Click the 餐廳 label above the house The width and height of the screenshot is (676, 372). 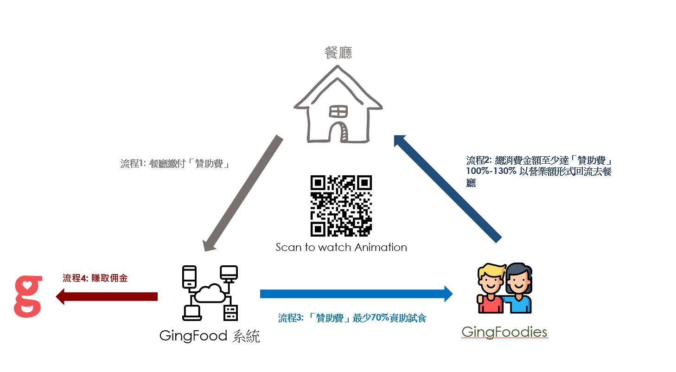pyautogui.click(x=338, y=52)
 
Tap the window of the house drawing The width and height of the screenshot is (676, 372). pyautogui.click(x=338, y=112)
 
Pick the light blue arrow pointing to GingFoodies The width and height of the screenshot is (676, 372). pyautogui.click(x=356, y=294)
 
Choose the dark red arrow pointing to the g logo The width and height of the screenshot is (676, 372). pyautogui.click(x=107, y=296)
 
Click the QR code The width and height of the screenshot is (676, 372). pyautogui.click(x=341, y=206)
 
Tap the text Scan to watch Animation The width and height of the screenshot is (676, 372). pyautogui.click(x=341, y=247)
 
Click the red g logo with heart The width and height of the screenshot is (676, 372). pyautogui.click(x=28, y=296)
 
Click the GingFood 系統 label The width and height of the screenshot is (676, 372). pyautogui.click(x=210, y=336)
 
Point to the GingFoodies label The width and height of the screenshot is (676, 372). pyautogui.click(x=504, y=332)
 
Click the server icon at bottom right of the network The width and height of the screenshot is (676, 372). pyautogui.click(x=230, y=313)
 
